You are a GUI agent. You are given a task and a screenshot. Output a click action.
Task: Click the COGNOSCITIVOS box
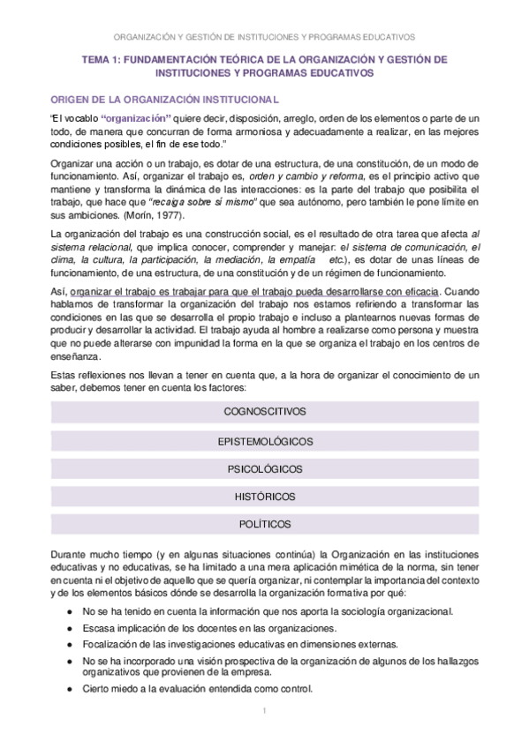tap(264, 411)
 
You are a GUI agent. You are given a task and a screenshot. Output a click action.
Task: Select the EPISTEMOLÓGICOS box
tap(264, 440)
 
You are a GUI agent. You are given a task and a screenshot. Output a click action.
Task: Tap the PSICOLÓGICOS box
tap(264, 468)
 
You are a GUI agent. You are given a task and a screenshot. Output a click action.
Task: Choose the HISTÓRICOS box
tap(264, 497)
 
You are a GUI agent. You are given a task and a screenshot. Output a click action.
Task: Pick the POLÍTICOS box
tap(264, 524)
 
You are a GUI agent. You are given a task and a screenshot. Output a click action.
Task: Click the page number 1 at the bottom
tap(264, 710)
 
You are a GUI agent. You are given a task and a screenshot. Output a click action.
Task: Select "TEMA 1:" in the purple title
tap(100, 59)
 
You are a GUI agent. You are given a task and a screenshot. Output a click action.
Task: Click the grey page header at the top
tap(264, 37)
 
